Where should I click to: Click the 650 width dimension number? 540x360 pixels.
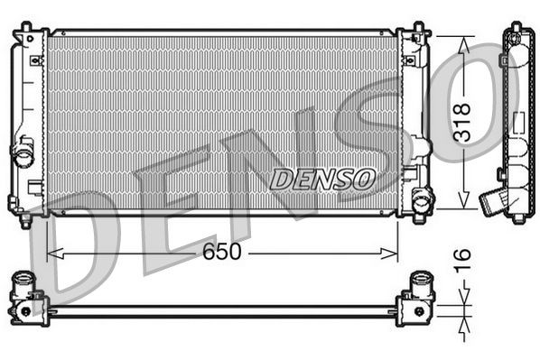click(221, 252)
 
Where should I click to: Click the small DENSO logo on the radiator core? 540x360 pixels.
click(322, 178)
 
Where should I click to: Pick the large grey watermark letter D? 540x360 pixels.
click(81, 244)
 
